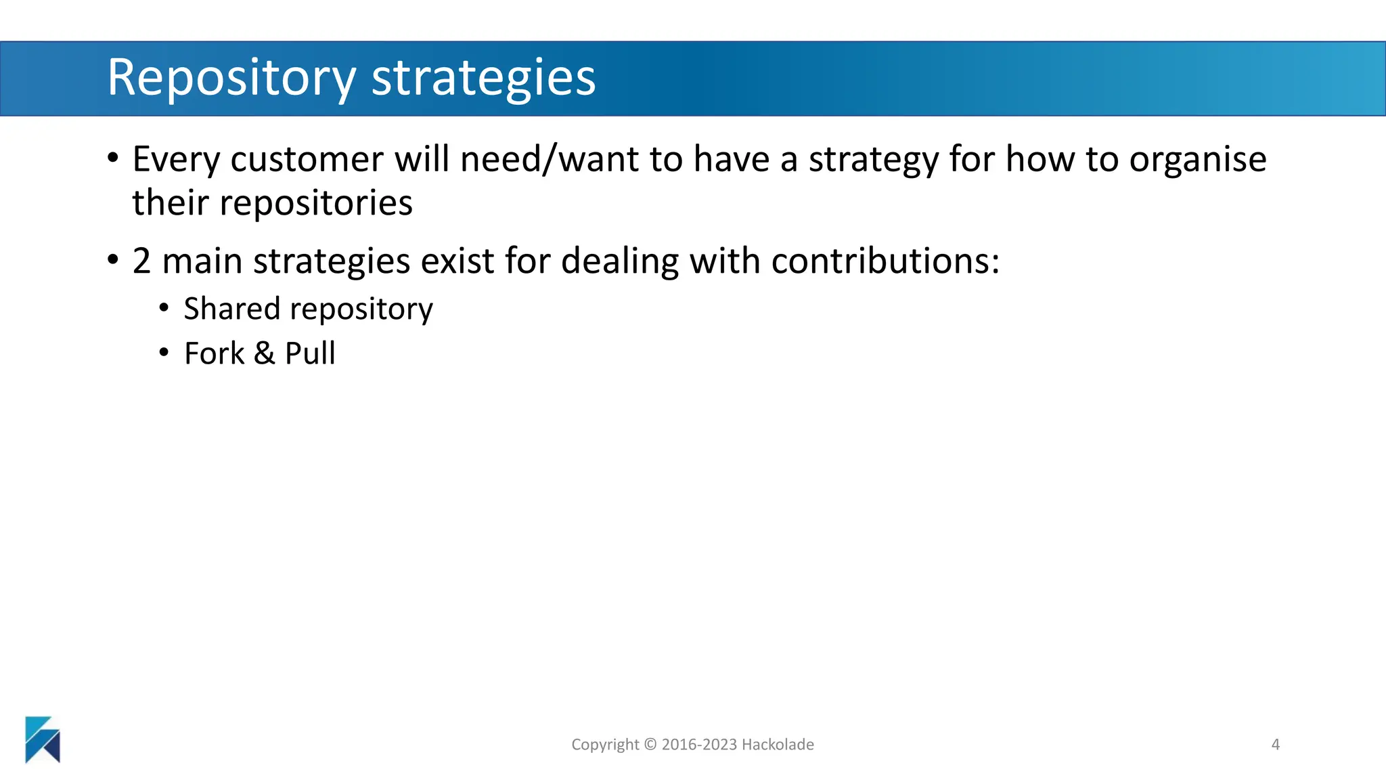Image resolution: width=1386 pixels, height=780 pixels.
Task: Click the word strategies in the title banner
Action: click(x=483, y=79)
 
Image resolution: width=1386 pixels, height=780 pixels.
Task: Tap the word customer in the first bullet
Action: click(x=307, y=160)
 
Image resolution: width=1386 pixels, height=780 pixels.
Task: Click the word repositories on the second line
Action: click(x=315, y=203)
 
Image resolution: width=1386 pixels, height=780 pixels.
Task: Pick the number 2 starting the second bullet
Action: click(x=141, y=261)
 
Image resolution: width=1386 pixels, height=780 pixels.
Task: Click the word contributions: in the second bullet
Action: click(x=885, y=261)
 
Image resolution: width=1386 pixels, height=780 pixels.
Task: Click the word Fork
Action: click(x=214, y=353)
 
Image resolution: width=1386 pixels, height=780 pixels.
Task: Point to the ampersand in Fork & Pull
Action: click(x=265, y=353)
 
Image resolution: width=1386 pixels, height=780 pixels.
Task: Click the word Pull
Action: click(x=310, y=353)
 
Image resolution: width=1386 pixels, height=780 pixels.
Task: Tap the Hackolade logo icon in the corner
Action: click(x=43, y=739)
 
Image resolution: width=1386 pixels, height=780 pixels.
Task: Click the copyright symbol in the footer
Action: click(x=650, y=745)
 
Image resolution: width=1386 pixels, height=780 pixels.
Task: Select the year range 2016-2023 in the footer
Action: click(x=699, y=745)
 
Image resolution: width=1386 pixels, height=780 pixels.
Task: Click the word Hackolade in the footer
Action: click(x=778, y=745)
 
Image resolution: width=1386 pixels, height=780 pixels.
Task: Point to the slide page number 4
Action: click(x=1275, y=745)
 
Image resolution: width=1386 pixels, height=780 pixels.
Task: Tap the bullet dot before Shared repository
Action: click(x=164, y=309)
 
